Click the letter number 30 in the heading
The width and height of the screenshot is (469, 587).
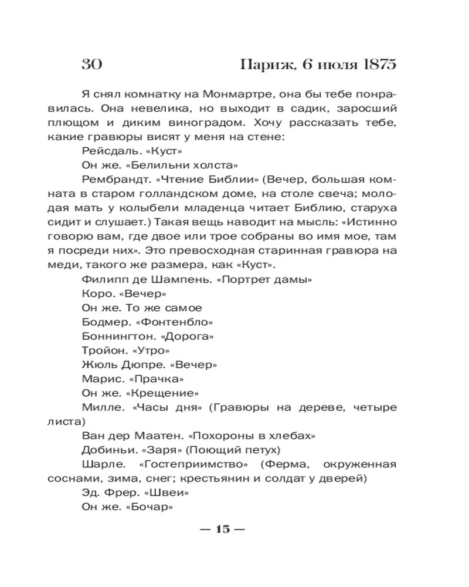pos(92,64)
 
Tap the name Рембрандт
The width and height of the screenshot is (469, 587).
pos(113,179)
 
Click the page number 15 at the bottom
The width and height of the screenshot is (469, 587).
pos(222,529)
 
